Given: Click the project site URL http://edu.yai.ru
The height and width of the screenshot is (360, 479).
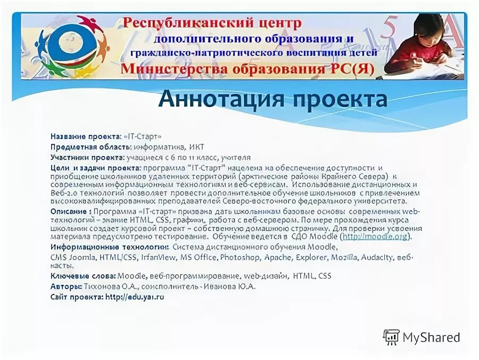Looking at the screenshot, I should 135,297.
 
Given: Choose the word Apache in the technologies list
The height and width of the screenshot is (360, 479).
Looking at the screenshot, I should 277,258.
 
